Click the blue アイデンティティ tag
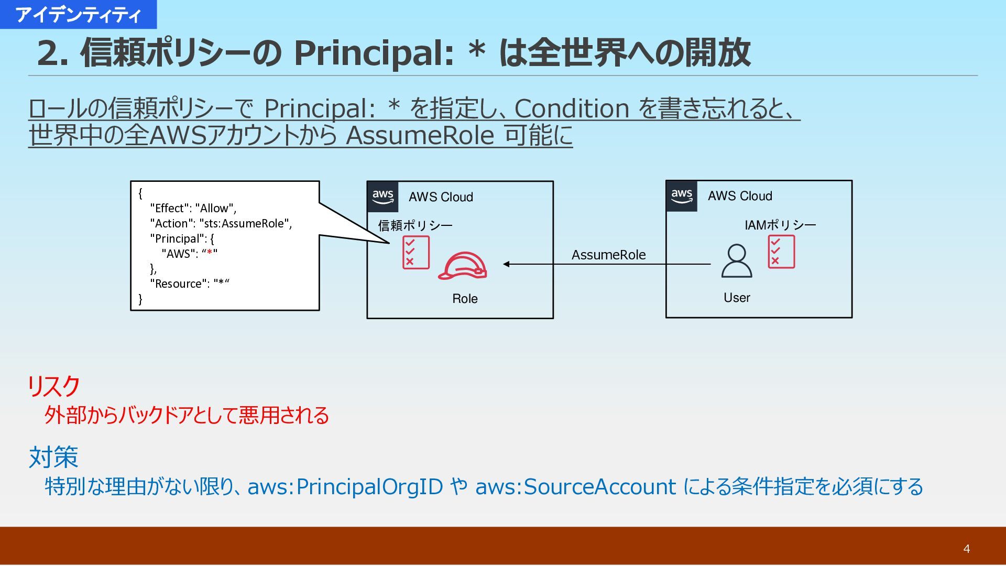(78, 15)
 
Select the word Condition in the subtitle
(572, 109)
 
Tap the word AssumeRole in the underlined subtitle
(420, 136)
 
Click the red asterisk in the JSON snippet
(210, 253)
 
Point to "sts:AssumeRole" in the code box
(244, 223)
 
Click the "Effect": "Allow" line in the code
(193, 208)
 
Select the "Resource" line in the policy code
(189, 284)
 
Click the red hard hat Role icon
(463, 266)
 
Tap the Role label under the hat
(465, 299)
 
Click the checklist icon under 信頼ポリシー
(416, 253)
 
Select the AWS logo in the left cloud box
(383, 197)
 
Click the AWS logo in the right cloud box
(682, 196)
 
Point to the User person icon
(736, 261)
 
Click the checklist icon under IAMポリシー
(781, 252)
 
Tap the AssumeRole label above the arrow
(608, 255)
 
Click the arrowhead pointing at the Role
(507, 264)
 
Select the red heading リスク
(54, 386)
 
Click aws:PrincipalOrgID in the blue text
(345, 487)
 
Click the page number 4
(966, 549)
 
